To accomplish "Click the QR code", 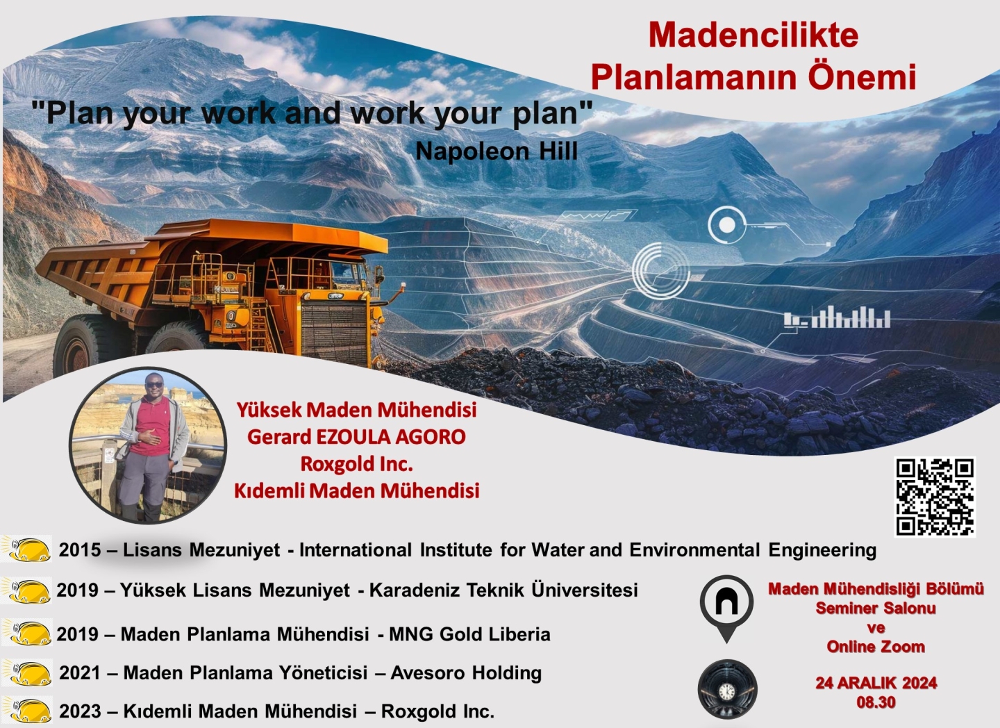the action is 935,496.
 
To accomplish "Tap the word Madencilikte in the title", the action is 753,35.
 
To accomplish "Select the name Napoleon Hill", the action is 497,151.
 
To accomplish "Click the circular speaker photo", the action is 148,445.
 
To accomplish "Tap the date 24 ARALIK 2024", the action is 876,683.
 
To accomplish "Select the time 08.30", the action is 876,702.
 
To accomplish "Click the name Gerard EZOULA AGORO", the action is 356,437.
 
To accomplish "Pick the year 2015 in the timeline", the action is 80,549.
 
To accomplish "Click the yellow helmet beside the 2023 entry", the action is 28,710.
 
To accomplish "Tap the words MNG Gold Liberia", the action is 469,634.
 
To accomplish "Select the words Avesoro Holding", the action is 466,672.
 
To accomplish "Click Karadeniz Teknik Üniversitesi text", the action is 503,590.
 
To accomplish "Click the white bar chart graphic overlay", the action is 837,317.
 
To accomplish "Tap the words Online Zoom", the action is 876,646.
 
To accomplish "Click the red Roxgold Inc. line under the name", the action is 356,463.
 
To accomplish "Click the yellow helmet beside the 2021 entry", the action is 28,672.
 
